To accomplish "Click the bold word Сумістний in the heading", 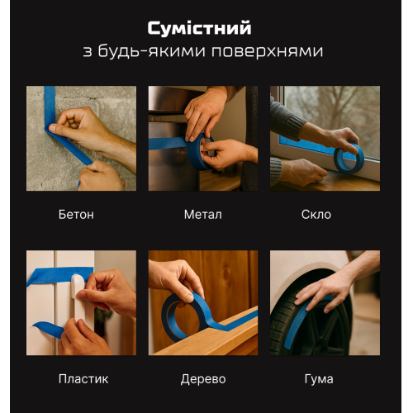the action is (199, 29).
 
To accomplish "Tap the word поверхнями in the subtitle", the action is (267, 51).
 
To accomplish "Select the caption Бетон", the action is (76, 214).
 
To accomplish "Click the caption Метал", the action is (203, 214).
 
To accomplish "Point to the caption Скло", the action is (316, 214).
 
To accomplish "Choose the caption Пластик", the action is (83, 379).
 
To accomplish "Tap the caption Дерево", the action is (203, 379).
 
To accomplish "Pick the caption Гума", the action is (319, 379).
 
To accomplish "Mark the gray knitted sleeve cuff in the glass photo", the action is (276, 172).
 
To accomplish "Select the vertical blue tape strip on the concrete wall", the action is (50, 106).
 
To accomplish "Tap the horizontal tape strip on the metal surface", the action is (167, 144).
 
